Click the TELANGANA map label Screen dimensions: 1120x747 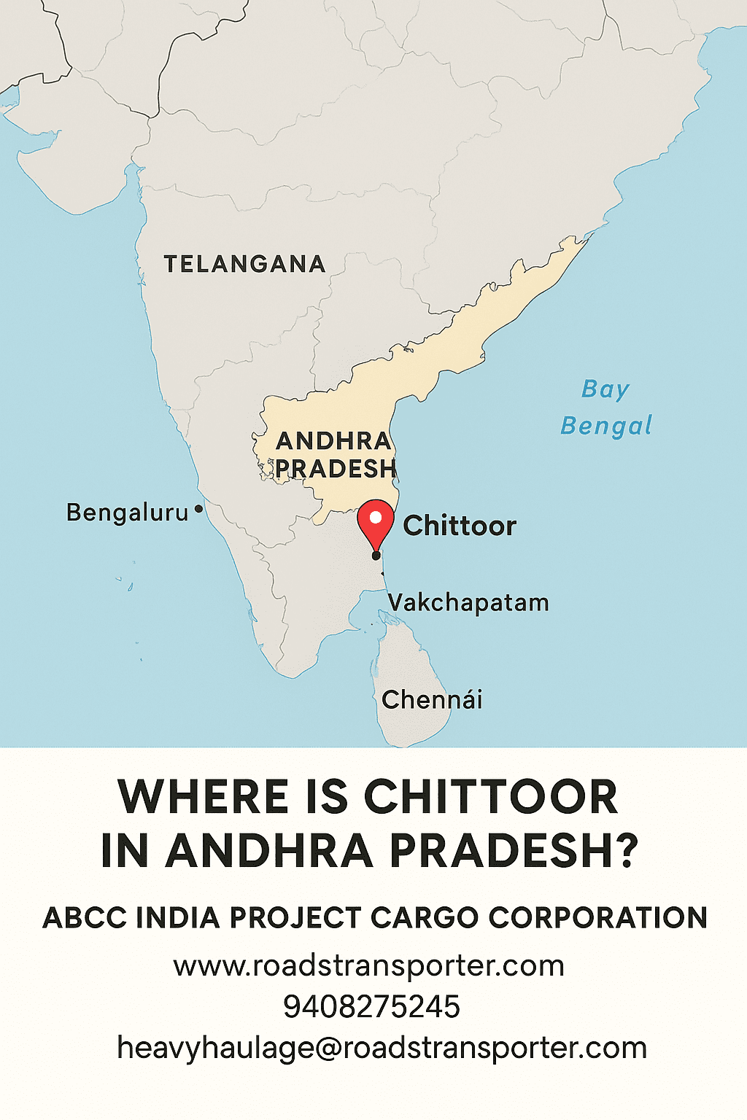(x=244, y=264)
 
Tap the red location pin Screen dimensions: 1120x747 (x=376, y=522)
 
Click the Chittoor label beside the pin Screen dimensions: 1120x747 (x=460, y=526)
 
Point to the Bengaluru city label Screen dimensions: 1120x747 (x=128, y=513)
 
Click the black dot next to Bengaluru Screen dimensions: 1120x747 (x=198, y=510)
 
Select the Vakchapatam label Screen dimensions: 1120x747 (x=468, y=603)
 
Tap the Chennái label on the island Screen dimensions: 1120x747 (x=432, y=700)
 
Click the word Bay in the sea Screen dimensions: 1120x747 (x=605, y=389)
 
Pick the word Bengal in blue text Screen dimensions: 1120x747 (x=605, y=426)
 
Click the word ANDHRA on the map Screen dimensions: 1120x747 (x=333, y=441)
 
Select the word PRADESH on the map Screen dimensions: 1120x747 (x=336, y=469)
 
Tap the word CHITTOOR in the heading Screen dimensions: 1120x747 (x=490, y=797)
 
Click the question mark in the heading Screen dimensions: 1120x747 (x=624, y=851)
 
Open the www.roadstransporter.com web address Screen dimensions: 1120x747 (x=369, y=966)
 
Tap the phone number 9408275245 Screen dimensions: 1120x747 (x=371, y=1007)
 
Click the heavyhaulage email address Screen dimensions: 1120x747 (x=382, y=1049)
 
